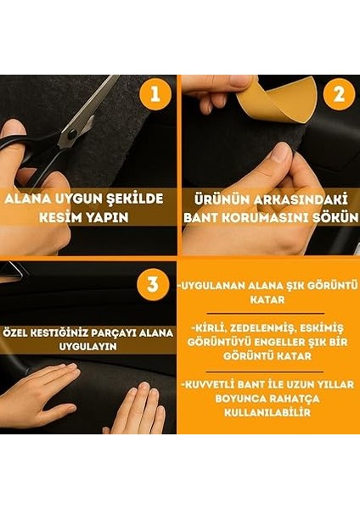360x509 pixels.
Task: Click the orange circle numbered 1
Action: click(x=154, y=94)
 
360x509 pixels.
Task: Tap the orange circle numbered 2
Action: click(x=338, y=94)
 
